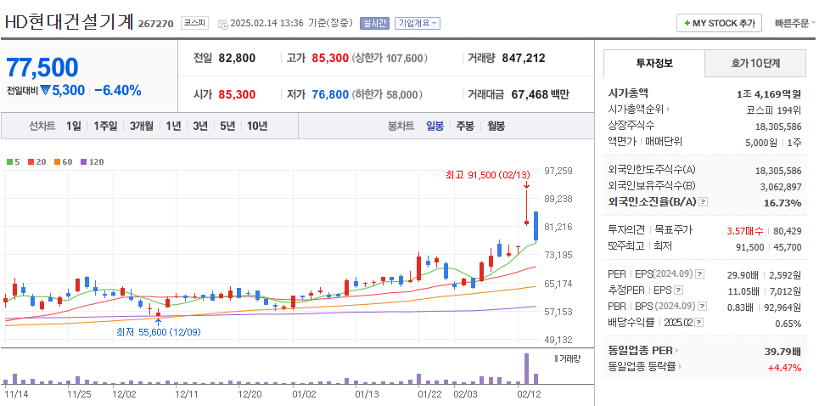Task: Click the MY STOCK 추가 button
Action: (x=720, y=23)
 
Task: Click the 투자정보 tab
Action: (x=654, y=64)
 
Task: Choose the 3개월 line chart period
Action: (x=142, y=126)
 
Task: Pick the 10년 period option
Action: (x=256, y=126)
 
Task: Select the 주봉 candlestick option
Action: (x=464, y=126)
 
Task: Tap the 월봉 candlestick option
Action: (x=496, y=126)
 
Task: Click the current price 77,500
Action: (x=42, y=67)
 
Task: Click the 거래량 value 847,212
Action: (x=524, y=59)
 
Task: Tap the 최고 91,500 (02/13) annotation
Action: (x=481, y=175)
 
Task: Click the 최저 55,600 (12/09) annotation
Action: (x=158, y=332)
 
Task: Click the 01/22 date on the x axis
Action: (x=429, y=394)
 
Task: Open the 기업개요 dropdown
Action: (x=418, y=23)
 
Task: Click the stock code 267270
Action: (x=155, y=24)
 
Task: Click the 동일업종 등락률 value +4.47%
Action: (x=783, y=367)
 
